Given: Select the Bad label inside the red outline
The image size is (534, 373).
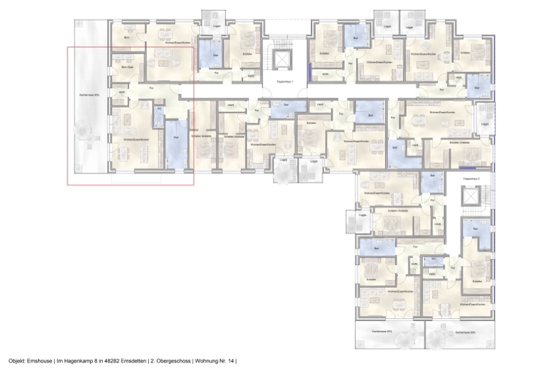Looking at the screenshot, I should coord(176,137).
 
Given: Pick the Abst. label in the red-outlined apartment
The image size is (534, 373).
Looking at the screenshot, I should coord(122,93).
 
